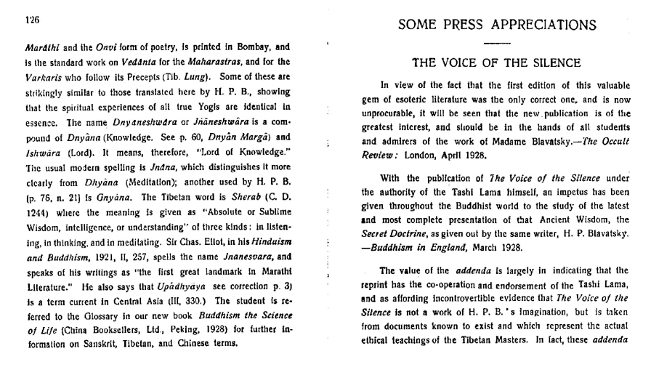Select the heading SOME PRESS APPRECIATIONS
498,25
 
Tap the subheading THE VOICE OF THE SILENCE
498,62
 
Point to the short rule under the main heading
498,43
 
